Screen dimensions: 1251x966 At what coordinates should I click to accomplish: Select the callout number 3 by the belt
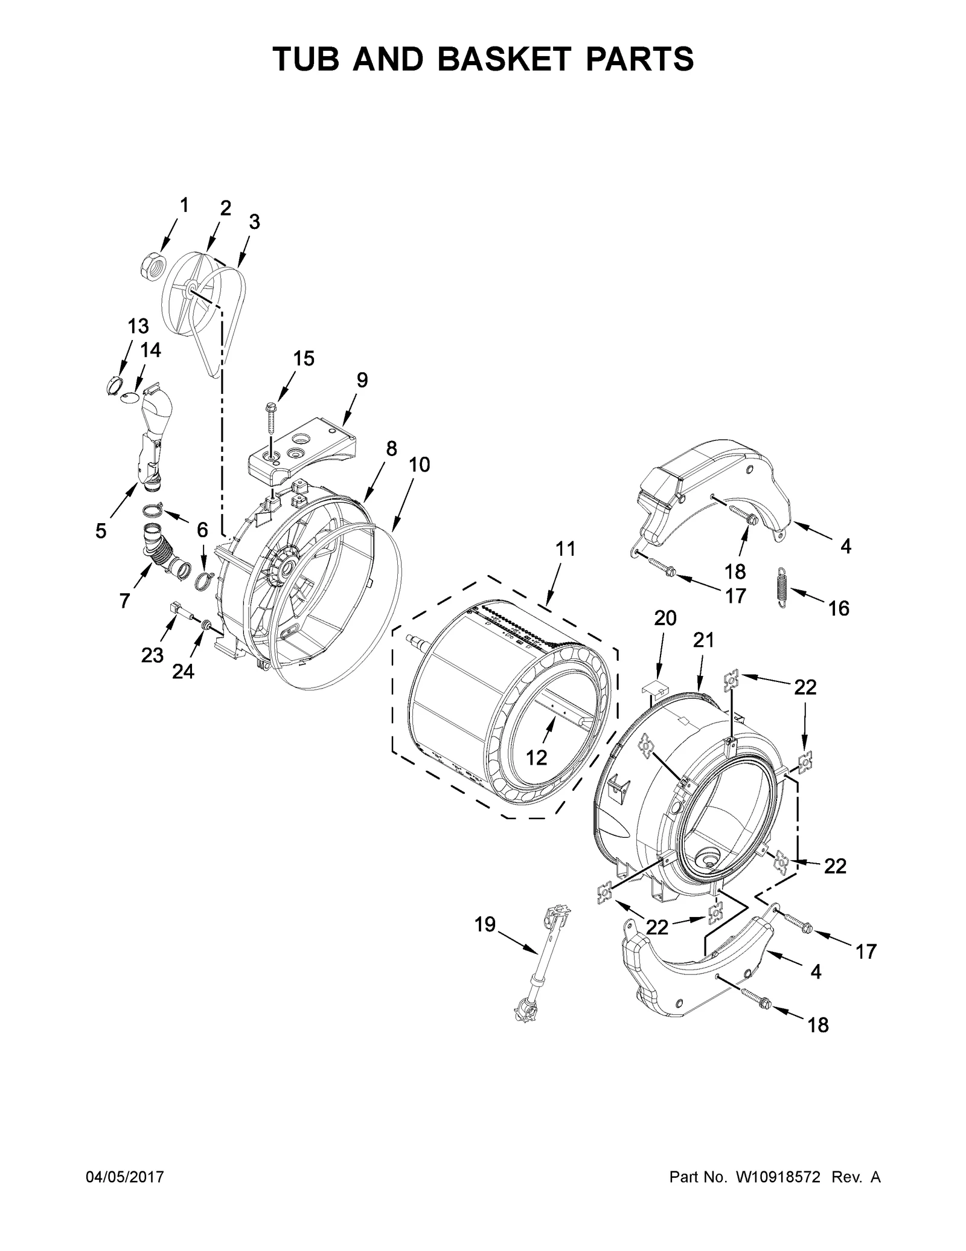[254, 222]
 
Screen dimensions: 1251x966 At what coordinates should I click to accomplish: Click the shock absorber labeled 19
[541, 956]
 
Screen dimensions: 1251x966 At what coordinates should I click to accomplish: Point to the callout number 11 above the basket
[566, 549]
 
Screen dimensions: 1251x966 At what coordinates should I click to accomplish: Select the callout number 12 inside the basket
[536, 757]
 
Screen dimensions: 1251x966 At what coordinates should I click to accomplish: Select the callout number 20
[665, 618]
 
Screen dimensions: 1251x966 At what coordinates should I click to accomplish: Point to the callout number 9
[361, 380]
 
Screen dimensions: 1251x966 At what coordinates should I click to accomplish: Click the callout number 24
[183, 671]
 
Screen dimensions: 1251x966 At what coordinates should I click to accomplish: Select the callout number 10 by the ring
[419, 465]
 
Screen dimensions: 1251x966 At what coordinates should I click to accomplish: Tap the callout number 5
[100, 531]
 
